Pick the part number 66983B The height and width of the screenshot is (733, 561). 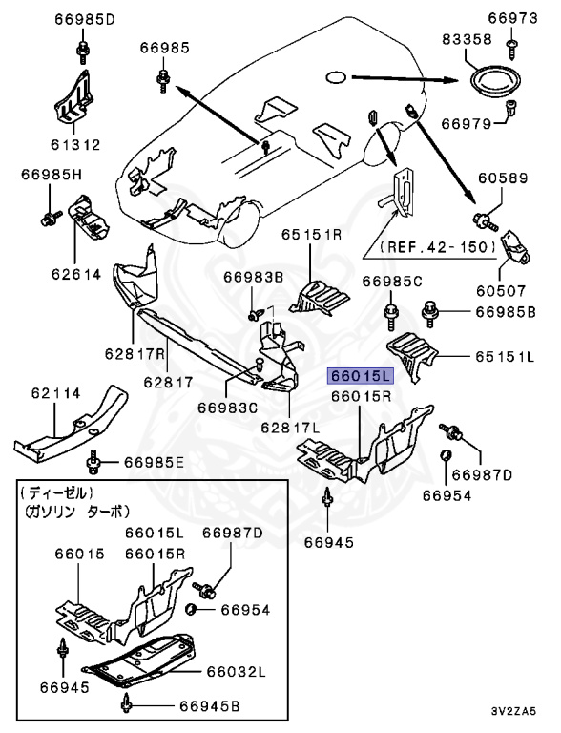(x=255, y=278)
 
